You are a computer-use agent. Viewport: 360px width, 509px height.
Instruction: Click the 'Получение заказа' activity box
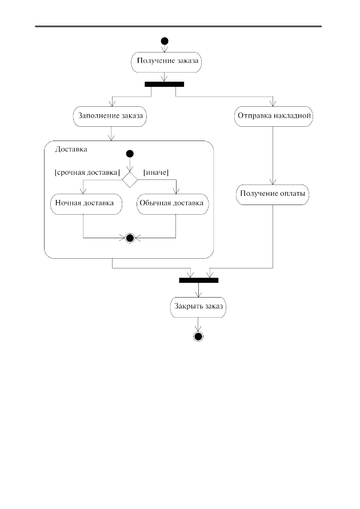(166, 62)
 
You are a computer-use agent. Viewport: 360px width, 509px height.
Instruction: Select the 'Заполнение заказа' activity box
(110, 116)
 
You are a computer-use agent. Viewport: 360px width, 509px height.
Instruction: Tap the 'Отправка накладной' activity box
(273, 116)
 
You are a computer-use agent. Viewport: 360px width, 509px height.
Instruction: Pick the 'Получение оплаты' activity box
(273, 195)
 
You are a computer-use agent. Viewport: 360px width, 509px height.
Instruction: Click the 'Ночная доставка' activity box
(86, 204)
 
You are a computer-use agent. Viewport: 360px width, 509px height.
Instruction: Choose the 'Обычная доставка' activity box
(173, 204)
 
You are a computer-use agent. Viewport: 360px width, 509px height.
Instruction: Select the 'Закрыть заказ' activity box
(198, 307)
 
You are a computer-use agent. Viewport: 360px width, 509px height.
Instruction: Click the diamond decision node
(130, 179)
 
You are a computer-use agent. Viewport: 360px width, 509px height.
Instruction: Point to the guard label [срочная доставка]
(87, 173)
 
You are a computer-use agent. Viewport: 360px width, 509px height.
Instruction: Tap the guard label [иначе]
(156, 173)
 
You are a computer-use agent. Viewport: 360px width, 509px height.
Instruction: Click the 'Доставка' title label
(71, 149)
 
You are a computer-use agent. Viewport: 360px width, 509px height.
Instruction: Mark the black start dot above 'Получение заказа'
(165, 41)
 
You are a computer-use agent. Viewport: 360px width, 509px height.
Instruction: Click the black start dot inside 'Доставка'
(130, 154)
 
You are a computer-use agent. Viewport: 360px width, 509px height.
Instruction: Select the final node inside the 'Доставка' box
(130, 238)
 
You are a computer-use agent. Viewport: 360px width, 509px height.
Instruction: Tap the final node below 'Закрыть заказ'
(198, 336)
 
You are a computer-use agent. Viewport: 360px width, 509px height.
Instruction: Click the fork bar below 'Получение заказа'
(164, 85)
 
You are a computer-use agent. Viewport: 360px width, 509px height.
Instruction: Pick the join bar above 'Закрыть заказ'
(199, 280)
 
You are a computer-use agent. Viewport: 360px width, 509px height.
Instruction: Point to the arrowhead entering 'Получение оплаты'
(273, 182)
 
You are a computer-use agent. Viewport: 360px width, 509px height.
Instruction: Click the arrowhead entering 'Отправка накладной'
(273, 103)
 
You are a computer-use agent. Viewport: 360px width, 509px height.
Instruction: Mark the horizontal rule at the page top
(178, 26)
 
